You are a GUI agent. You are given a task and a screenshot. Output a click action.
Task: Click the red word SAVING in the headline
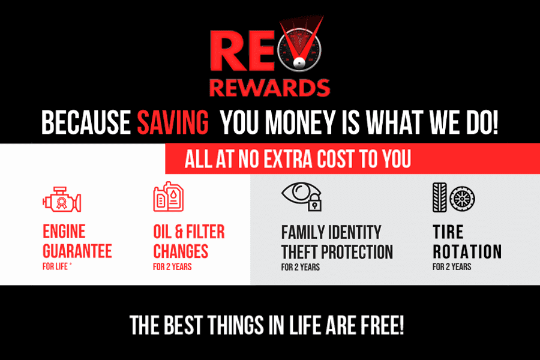click(173, 122)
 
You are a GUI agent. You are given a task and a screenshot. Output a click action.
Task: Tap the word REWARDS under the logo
click(269, 88)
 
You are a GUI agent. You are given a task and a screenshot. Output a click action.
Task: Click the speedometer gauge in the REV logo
click(299, 50)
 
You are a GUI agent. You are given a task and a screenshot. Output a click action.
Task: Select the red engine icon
click(62, 199)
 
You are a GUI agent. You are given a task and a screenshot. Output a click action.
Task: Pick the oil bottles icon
click(169, 197)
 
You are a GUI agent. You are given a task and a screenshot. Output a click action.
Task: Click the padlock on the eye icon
click(314, 203)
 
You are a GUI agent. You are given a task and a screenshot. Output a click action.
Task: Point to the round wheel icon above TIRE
click(462, 199)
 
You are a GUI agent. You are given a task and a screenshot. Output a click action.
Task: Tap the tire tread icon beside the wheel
click(439, 197)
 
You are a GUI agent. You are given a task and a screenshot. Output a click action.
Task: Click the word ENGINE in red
click(64, 232)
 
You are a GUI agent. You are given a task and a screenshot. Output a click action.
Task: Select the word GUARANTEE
click(77, 251)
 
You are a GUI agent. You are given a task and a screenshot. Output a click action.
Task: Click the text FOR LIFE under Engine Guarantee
click(55, 266)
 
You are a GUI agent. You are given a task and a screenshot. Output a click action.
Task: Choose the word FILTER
click(205, 232)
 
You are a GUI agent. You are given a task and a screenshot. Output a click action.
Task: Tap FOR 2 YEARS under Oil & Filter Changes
click(172, 266)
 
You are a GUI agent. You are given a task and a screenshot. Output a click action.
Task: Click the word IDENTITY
click(355, 232)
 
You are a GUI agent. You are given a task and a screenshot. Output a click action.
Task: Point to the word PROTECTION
click(357, 252)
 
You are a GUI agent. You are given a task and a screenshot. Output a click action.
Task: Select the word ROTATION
click(467, 251)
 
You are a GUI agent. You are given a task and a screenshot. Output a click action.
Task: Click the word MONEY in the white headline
click(300, 122)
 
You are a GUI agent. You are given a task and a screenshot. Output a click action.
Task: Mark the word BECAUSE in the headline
click(86, 122)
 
